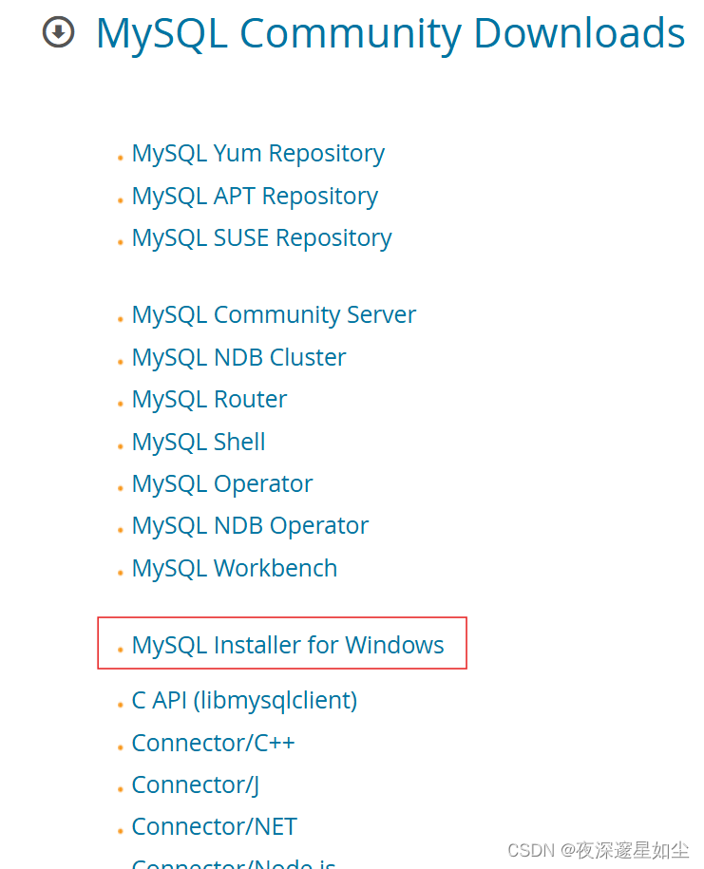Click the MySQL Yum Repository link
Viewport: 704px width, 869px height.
pos(257,154)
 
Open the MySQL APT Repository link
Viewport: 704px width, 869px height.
pos(255,197)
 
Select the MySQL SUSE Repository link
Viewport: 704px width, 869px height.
pos(261,238)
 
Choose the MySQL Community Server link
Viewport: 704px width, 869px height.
pos(274,315)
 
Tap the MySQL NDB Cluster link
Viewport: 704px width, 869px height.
pos(238,358)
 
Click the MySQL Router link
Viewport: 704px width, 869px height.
pos(209,400)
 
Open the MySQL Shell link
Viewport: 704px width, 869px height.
pos(199,443)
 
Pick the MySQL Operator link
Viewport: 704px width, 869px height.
pos(222,484)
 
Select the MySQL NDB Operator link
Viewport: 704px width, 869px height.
pos(250,526)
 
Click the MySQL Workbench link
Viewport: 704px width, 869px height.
pos(235,569)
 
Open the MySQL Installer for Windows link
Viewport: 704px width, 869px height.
pos(288,646)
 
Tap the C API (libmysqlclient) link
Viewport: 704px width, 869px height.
pos(244,701)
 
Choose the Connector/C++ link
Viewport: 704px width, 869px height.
pos(213,743)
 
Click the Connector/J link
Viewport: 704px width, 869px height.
pos(195,785)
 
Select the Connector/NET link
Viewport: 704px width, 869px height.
pos(214,827)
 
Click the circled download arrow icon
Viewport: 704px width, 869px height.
pos(59,33)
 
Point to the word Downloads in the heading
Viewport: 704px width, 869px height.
pos(579,34)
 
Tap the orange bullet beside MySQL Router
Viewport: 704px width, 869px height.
pos(121,404)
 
